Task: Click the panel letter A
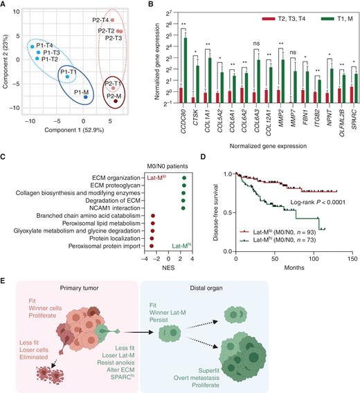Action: [x=4, y=6]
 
